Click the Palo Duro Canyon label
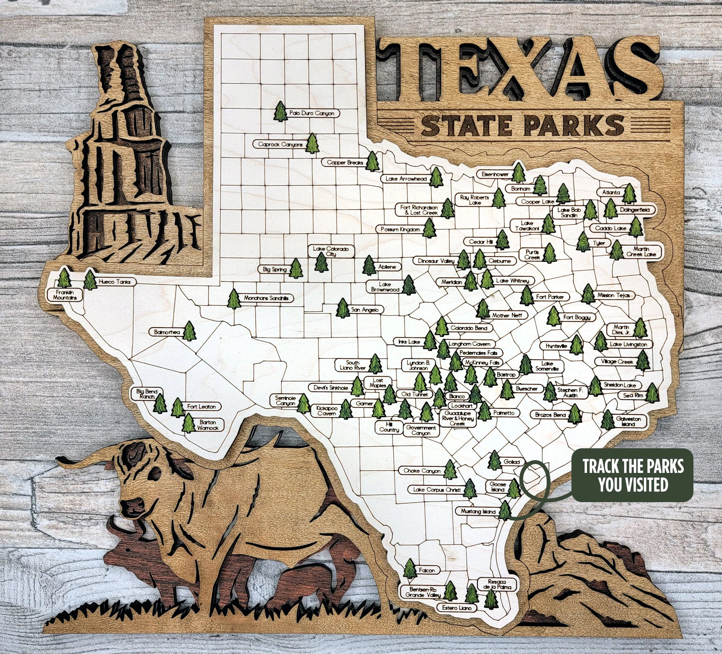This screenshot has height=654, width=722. [312, 113]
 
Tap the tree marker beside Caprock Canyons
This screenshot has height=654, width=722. [312, 144]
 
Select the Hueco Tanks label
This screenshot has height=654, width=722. [114, 282]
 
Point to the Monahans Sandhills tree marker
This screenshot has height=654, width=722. [234, 299]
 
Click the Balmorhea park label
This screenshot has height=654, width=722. [167, 332]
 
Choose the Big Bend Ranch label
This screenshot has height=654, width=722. [147, 394]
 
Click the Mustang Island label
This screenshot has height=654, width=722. [478, 512]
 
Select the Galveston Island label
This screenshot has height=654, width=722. [628, 421]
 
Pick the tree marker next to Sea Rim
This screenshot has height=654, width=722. [652, 393]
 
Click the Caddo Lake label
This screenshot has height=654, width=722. [610, 228]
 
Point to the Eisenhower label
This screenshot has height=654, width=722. [495, 174]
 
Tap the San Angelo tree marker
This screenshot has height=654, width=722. [343, 308]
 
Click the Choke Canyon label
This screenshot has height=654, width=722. [422, 471]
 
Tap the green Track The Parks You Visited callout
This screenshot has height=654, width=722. [633, 475]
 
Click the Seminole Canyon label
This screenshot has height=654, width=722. [286, 401]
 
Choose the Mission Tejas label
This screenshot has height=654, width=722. [613, 295]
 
